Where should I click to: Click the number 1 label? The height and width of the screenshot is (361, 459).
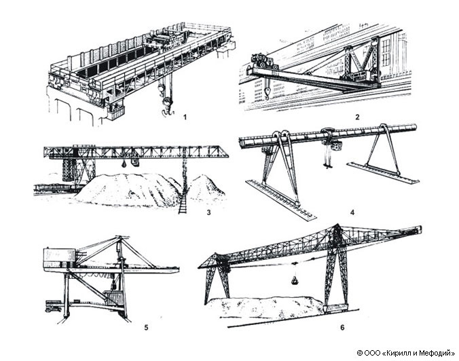(185, 117)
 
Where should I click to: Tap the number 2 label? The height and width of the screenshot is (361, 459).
(357, 117)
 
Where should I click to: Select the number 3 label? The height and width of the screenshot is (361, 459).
(208, 212)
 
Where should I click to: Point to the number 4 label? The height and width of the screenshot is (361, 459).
(352, 212)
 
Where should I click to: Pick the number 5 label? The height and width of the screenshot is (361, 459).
(146, 327)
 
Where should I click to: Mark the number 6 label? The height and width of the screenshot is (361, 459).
(342, 327)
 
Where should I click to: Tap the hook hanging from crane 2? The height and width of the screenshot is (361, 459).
(266, 93)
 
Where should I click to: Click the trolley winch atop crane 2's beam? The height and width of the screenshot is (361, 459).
(263, 62)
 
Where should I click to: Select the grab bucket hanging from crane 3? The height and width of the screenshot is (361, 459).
(124, 164)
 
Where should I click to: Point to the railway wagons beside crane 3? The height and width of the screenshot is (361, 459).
(54, 188)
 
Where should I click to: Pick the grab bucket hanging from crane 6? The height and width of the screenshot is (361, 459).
(294, 280)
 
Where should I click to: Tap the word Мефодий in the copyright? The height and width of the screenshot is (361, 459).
(435, 354)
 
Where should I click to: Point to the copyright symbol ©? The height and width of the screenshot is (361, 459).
(360, 353)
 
